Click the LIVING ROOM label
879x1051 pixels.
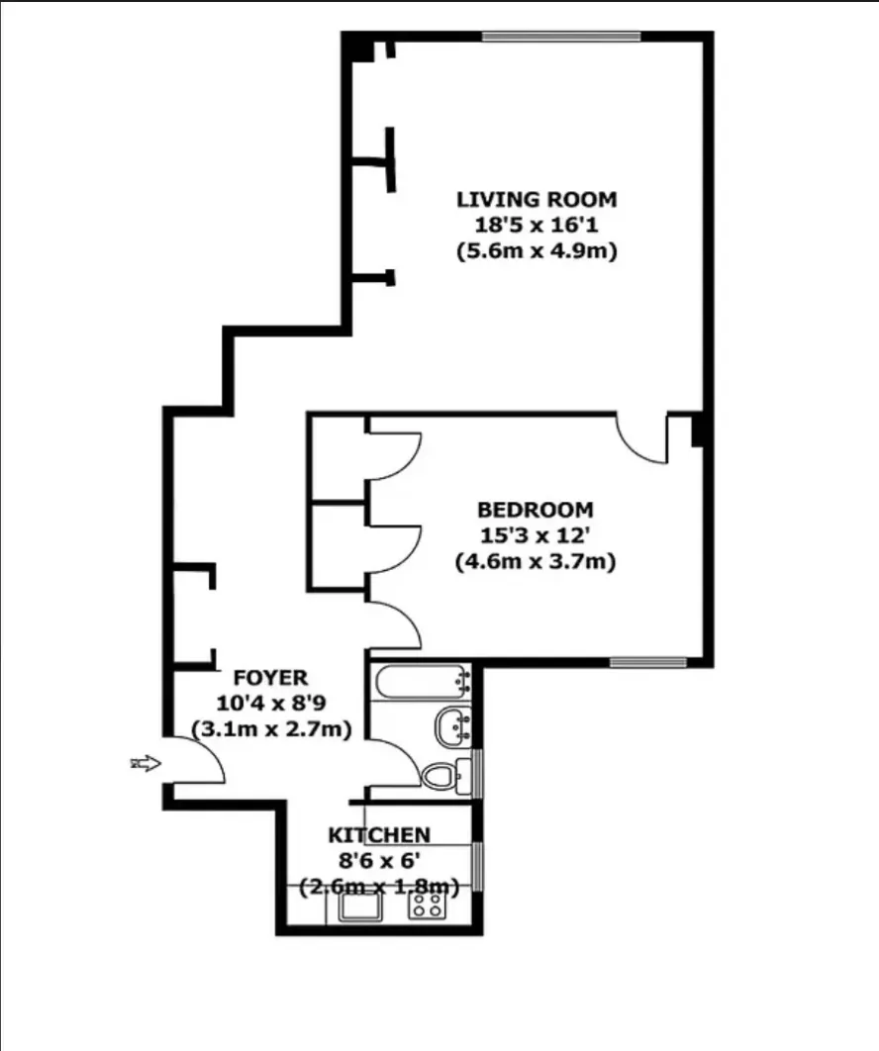[537, 199]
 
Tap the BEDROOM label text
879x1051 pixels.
[536, 511]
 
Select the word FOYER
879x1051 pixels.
[270, 678]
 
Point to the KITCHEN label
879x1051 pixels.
[380, 835]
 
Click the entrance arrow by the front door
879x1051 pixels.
[145, 763]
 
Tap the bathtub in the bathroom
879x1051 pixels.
[422, 682]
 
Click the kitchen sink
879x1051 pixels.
[362, 905]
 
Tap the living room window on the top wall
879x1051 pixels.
[561, 38]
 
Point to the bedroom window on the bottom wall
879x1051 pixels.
[648, 661]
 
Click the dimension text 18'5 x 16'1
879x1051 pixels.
[537, 226]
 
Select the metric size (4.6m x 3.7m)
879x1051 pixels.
[536, 562]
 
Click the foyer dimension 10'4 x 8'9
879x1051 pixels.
[270, 703]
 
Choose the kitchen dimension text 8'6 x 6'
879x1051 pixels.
[380, 860]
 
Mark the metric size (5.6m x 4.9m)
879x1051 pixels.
[537, 251]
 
